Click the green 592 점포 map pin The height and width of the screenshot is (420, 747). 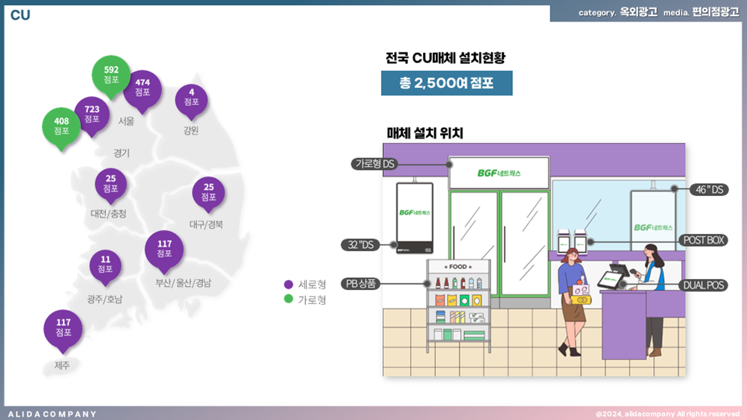click(x=111, y=75)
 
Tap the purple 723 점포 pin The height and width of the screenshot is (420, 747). click(x=92, y=114)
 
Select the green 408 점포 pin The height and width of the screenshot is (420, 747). click(x=61, y=126)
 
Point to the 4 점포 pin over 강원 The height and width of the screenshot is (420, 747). click(x=191, y=98)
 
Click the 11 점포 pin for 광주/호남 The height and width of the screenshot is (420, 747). click(x=105, y=265)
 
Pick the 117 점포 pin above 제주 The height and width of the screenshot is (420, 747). click(x=63, y=328)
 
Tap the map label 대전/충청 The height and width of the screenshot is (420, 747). click(x=108, y=214)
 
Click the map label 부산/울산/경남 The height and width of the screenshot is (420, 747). click(x=183, y=283)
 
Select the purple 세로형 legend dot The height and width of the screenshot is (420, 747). click(x=289, y=284)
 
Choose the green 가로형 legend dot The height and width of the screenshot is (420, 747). click(x=289, y=299)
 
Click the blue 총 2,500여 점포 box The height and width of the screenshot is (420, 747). click(x=446, y=83)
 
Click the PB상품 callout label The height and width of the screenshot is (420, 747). click(x=361, y=283)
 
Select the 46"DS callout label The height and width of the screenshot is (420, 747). click(x=709, y=189)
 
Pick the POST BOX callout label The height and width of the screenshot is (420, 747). click(x=703, y=240)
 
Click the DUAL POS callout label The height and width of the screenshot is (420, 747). click(x=703, y=284)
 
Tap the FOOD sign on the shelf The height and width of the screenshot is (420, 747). click(x=458, y=267)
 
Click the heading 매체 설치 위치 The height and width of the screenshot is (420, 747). click(x=425, y=133)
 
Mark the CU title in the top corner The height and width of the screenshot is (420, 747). click(x=20, y=16)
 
